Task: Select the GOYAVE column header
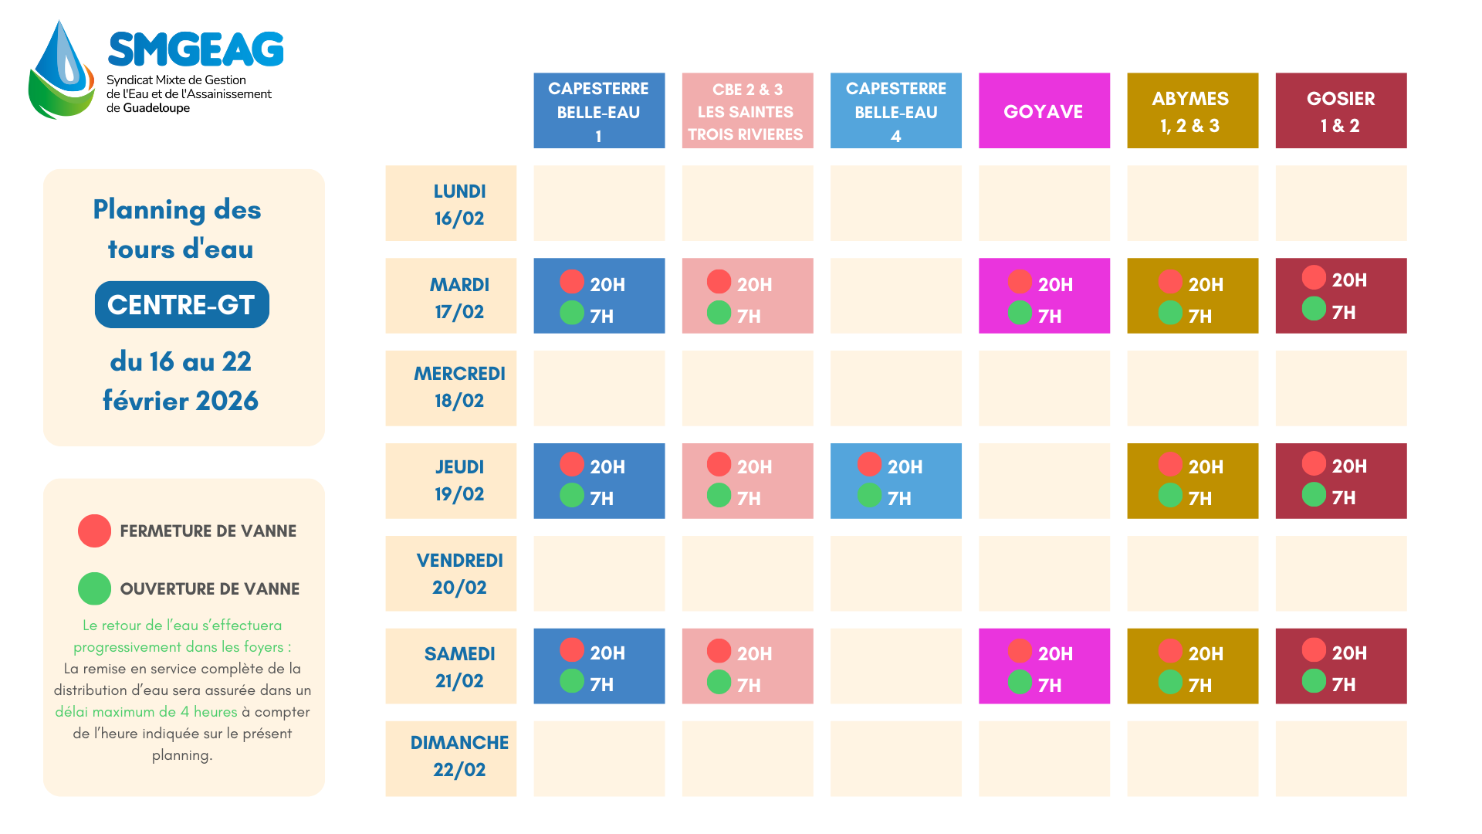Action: pos(1044,110)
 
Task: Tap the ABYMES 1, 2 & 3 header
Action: pos(1192,110)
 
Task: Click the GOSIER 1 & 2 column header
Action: pos(1341,110)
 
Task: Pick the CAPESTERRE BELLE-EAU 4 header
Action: pos(895,110)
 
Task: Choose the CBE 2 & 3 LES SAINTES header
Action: pos(747,110)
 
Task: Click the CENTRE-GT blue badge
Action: pos(181,304)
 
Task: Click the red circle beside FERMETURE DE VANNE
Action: pos(94,531)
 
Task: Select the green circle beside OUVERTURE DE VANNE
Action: pos(94,588)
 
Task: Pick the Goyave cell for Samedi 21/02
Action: pos(1044,666)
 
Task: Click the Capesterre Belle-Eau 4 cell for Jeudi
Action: pos(895,480)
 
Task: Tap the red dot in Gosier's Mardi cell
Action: pos(1313,277)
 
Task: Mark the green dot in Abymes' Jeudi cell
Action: pos(1169,495)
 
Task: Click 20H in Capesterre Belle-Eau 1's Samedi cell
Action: pos(607,653)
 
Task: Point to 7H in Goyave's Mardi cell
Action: pos(1050,316)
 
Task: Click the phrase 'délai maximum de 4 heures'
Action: pos(146,711)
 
